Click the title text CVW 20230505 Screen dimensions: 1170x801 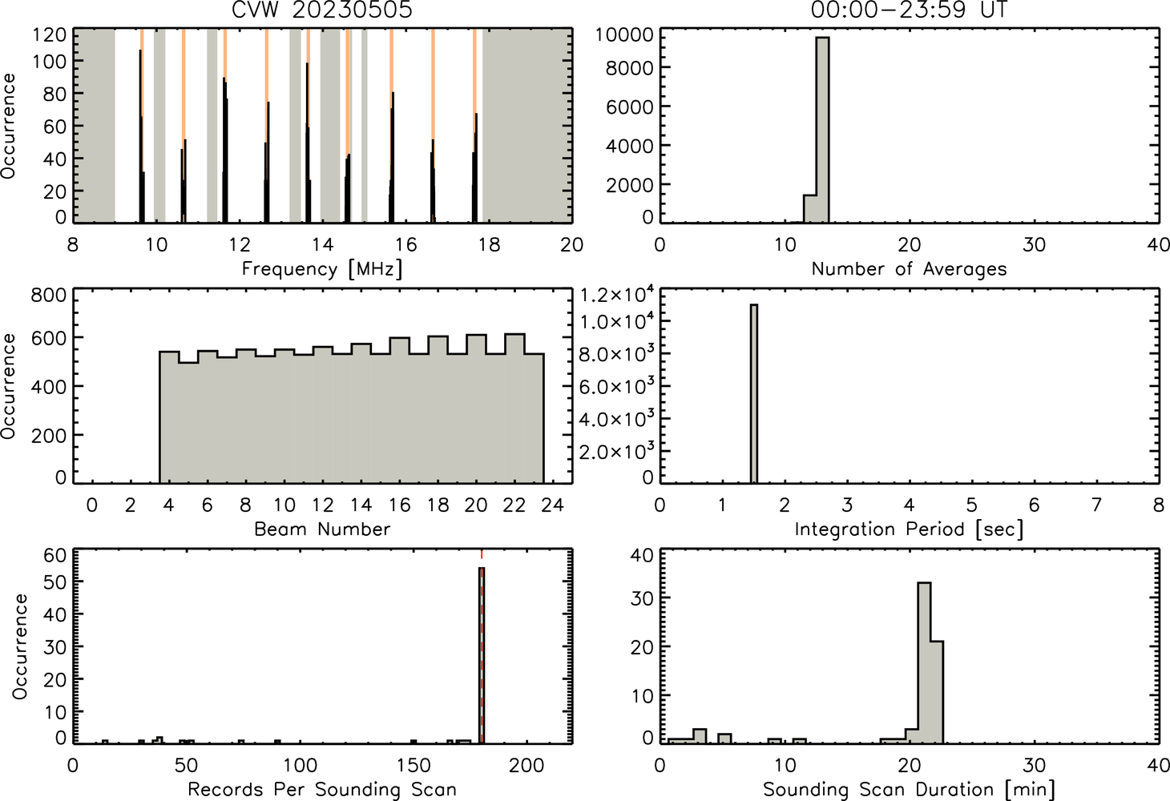[322, 10]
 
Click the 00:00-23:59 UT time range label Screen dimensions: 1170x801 [909, 10]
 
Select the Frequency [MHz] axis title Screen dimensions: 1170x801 [322, 269]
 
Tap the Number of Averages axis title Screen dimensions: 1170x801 [909, 269]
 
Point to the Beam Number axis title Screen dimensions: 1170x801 [322, 529]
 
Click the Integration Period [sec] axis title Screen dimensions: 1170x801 [909, 529]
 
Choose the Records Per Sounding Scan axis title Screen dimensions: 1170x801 [322, 789]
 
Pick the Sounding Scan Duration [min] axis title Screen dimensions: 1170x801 [909, 790]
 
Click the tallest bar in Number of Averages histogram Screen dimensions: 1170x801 [823, 130]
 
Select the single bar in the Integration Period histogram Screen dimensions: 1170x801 [754, 394]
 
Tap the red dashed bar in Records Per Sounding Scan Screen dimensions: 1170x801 [482, 654]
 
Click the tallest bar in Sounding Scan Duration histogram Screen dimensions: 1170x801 [924, 662]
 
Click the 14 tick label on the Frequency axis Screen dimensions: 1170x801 [322, 244]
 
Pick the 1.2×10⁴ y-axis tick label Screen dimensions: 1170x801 [616, 295]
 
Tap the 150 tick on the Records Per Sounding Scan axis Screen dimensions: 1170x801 [414, 766]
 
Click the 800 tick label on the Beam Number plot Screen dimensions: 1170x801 [49, 296]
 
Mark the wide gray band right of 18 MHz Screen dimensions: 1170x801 [527, 126]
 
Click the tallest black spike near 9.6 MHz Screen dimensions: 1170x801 [140, 136]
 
